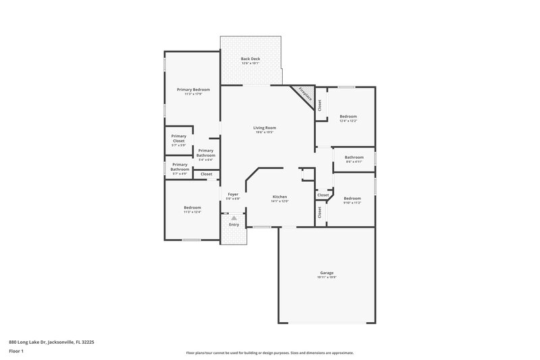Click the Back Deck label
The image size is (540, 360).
coord(250,59)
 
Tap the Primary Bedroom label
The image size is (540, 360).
coord(193,90)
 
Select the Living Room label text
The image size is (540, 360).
coord(265,128)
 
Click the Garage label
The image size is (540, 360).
coord(327,273)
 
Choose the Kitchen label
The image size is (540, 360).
coord(279,197)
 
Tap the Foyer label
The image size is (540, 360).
coord(233,194)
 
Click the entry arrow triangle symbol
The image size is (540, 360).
coord(234,218)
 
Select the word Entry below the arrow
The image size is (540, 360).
coord(234,224)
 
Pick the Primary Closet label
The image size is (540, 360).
coord(178,138)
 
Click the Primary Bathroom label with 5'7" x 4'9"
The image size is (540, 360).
coord(180,167)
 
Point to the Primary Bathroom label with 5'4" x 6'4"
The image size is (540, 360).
coord(206,153)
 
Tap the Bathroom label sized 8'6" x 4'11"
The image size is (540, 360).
coord(354,157)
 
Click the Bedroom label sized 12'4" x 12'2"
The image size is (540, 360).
coord(348,117)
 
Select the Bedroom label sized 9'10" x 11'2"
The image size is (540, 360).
coord(352,199)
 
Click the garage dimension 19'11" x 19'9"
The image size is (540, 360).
coord(327,278)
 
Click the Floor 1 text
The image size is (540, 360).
coord(16,352)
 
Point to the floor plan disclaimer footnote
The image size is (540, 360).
coord(270,353)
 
